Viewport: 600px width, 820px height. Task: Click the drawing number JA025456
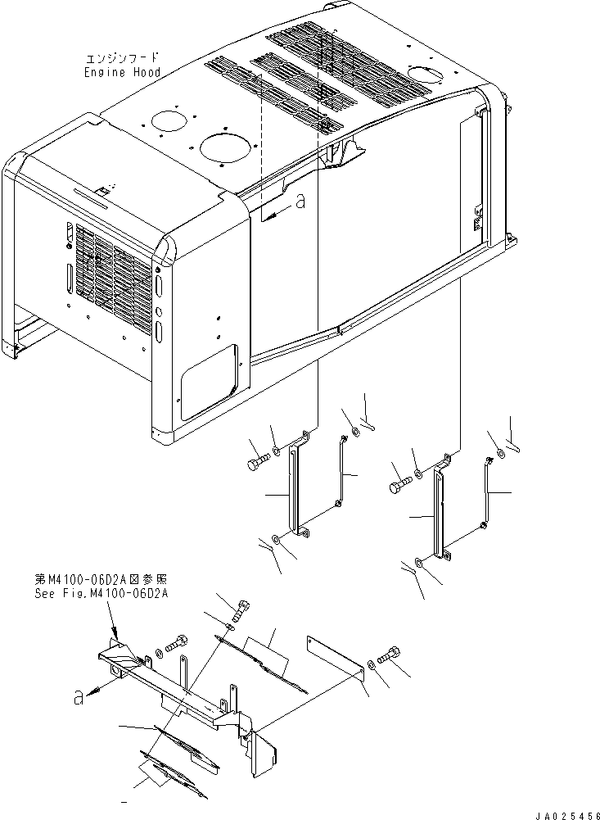564,814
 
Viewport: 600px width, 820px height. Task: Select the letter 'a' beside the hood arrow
300,201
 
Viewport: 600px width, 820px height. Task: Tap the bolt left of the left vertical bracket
255,464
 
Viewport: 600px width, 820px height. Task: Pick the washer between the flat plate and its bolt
372,664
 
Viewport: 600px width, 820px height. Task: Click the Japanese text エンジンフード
122,59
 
